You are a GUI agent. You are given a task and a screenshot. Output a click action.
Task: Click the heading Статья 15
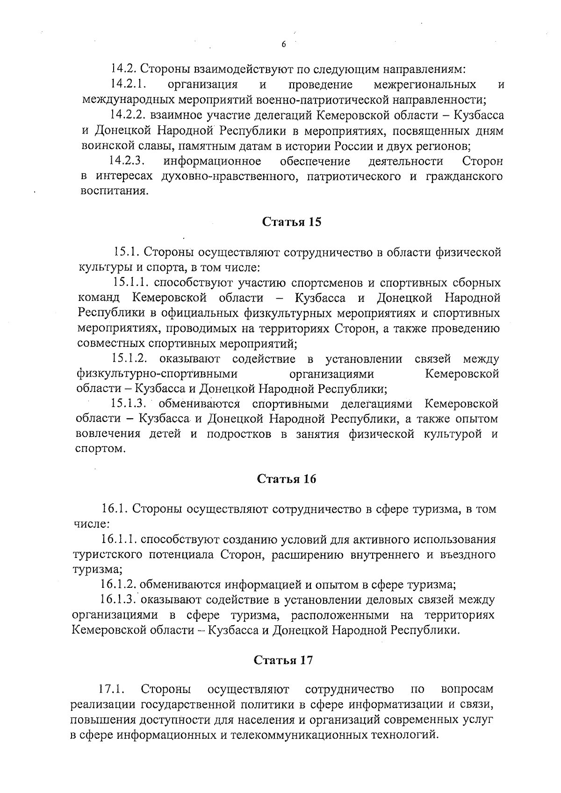(x=291, y=222)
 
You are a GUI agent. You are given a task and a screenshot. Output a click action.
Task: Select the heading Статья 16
(x=287, y=479)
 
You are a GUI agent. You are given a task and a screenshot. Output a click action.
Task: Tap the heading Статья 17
(x=283, y=660)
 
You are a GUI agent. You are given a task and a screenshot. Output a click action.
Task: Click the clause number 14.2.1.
(x=129, y=85)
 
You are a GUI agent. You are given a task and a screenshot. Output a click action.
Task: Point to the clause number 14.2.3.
(x=127, y=162)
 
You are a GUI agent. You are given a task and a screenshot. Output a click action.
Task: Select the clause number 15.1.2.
(x=130, y=359)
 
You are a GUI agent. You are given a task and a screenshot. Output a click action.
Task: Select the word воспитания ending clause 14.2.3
(x=113, y=191)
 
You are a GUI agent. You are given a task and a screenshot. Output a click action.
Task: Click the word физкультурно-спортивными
(x=157, y=374)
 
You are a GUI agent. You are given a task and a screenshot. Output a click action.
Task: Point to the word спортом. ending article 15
(x=101, y=449)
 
